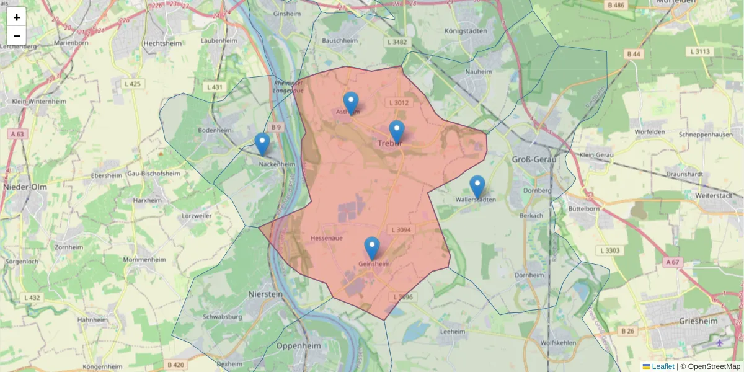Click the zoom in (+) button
17,17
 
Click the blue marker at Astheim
351,103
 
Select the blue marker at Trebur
397,131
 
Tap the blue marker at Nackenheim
262,144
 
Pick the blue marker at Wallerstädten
477,187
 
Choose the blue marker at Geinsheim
372,248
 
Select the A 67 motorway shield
673,263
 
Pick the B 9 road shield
275,128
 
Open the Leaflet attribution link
663,366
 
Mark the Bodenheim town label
214,131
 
